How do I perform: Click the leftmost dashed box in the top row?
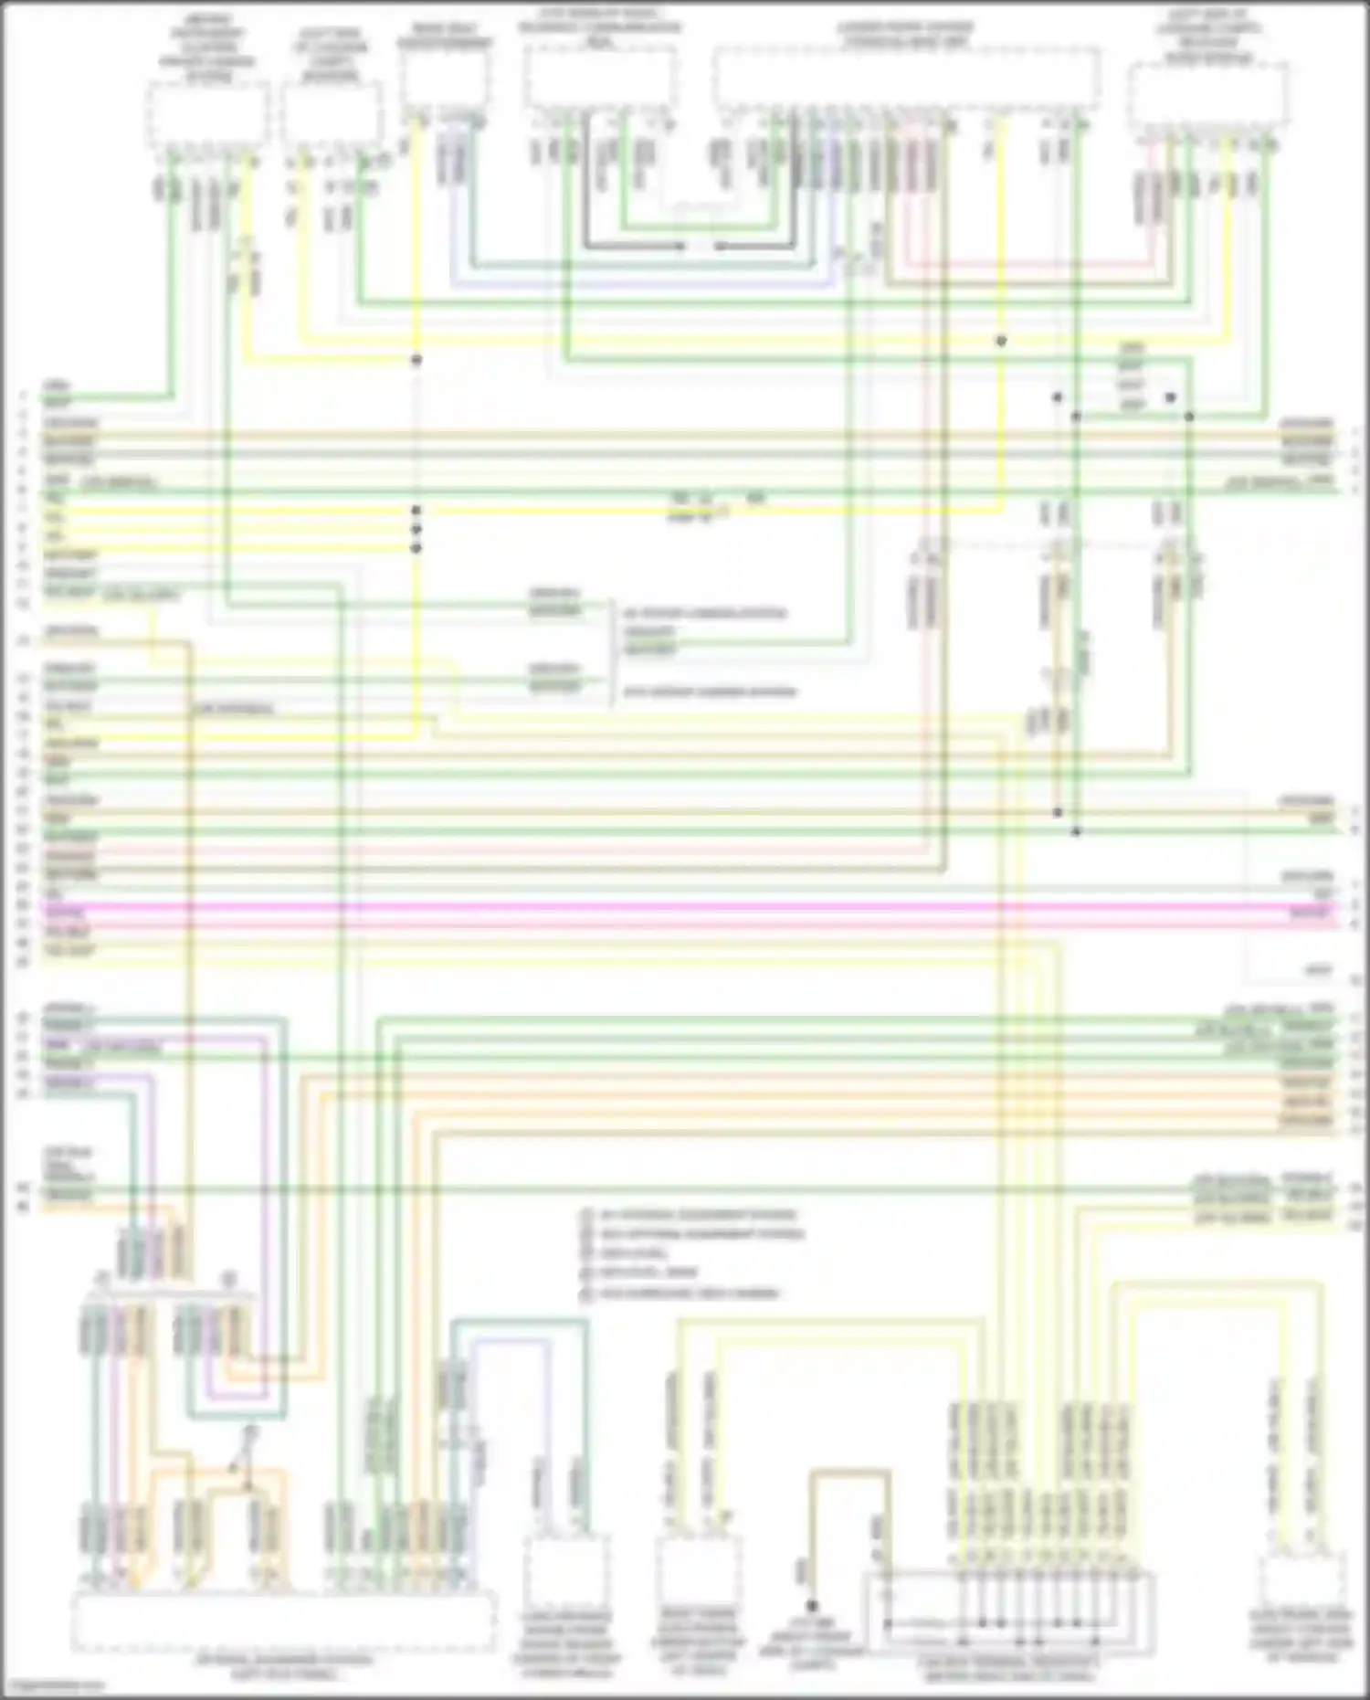[208, 114]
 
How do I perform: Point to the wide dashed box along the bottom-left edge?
[284, 1621]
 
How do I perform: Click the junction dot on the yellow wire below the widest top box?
[1001, 341]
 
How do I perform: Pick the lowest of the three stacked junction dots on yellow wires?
[416, 548]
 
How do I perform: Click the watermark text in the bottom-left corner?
[53, 1686]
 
